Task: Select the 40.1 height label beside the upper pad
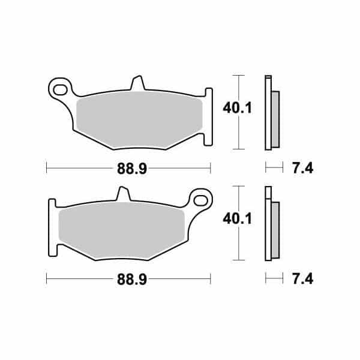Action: point(236,108)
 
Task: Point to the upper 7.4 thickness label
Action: point(303,169)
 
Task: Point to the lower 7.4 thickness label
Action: point(303,279)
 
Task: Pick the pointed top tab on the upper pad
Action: point(137,83)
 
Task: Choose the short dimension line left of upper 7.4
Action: point(273,169)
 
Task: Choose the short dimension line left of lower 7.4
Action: point(273,279)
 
